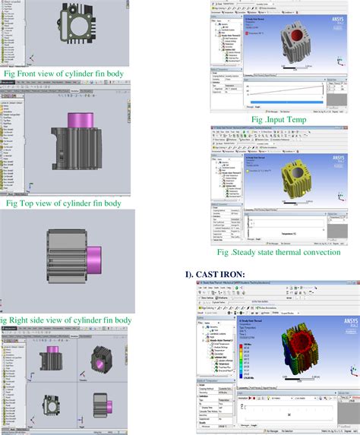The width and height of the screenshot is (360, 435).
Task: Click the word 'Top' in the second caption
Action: [29, 203]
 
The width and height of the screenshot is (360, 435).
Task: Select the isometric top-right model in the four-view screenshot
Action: [104, 358]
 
